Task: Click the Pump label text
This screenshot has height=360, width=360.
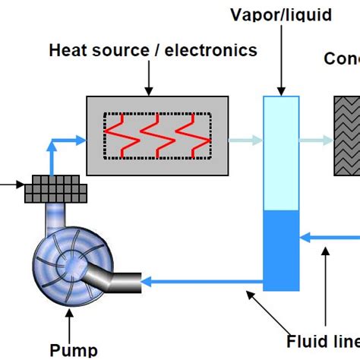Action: tap(74, 349)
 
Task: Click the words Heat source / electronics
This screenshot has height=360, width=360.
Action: tap(153, 51)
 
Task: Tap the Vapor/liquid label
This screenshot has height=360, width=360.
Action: tap(282, 14)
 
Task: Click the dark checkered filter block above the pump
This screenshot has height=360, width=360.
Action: tap(57, 189)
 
